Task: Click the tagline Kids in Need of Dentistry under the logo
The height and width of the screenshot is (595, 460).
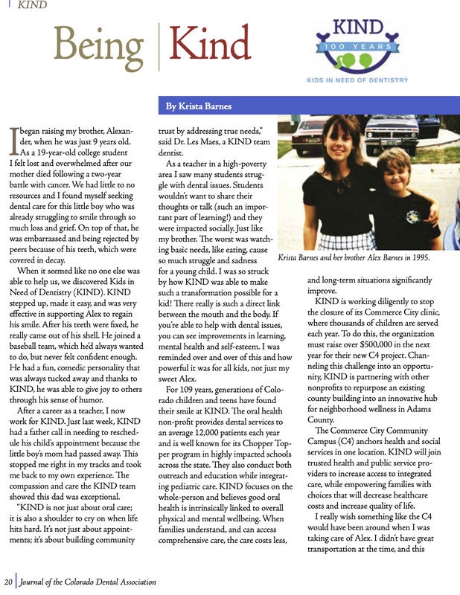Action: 356,80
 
